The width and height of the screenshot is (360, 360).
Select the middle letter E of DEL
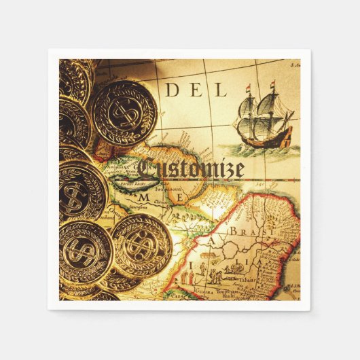[196, 89]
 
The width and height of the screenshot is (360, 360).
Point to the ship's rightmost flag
[272, 86]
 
